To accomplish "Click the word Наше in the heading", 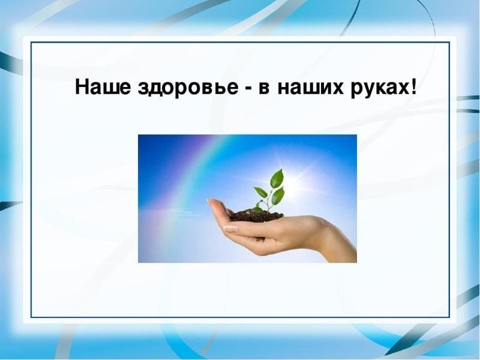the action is pos(103,86).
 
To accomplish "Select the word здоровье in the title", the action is pos(188,88).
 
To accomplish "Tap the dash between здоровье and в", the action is pos(249,89).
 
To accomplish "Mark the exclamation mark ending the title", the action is pos(413,86).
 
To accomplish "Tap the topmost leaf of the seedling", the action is pos(277,178).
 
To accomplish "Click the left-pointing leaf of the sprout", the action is pos(260,191).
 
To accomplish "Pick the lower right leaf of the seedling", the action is pos(278,196).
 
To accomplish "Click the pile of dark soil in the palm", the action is pos(257,216).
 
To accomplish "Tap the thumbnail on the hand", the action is pos(231,228).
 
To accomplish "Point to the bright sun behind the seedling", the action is pos(295,183).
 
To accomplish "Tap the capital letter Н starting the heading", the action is pos(82,86).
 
